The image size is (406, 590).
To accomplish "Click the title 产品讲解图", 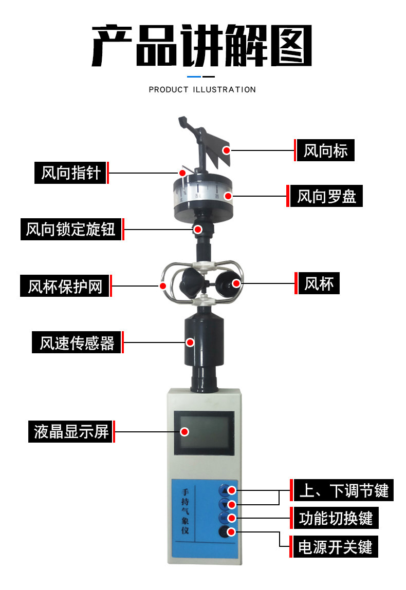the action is click(202, 46).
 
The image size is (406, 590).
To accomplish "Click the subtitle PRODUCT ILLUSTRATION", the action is click(202, 89).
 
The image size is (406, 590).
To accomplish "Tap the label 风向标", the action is click(325, 150).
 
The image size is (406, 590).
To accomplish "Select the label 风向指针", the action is click(70, 173).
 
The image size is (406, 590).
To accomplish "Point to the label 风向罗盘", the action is click(326, 196).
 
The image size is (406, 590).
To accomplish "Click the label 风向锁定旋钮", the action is click(71, 229).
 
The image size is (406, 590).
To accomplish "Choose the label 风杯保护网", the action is click(65, 286).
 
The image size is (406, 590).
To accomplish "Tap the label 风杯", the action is click(319, 283).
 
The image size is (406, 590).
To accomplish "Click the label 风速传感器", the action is click(77, 342).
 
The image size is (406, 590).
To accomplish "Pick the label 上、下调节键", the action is click(343, 490).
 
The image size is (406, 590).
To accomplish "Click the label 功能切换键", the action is click(336, 518).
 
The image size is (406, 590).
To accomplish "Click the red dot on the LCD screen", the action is click(184, 431).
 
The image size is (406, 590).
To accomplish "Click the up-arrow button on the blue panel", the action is click(225, 490).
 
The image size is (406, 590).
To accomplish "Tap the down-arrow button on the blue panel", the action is click(225, 504).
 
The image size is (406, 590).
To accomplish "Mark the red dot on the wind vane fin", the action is click(226, 150).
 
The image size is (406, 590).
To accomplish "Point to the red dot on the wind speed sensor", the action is click(191, 342).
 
